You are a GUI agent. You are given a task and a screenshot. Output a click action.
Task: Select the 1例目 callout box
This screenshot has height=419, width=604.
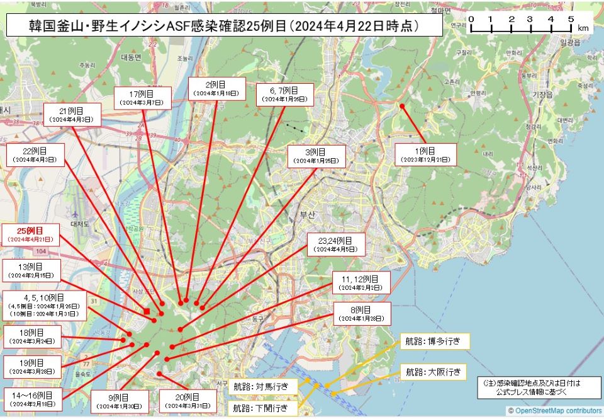(425, 154)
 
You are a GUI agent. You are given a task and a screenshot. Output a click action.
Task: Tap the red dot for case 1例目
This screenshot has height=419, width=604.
(402, 106)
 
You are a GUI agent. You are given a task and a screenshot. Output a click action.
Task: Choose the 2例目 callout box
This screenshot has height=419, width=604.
(216, 88)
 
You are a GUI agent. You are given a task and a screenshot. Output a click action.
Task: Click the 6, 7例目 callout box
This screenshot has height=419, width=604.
(284, 95)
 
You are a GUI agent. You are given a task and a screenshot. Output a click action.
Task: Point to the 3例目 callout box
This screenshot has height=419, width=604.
(316, 156)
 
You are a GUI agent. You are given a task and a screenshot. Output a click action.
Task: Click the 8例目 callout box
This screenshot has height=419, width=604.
(362, 314)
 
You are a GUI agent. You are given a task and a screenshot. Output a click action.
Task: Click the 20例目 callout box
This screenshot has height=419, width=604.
(187, 401)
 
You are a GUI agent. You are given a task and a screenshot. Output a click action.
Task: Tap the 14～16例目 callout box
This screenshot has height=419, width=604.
(32, 399)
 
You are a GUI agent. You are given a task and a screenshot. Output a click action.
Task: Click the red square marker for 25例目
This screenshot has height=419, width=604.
(147, 311)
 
